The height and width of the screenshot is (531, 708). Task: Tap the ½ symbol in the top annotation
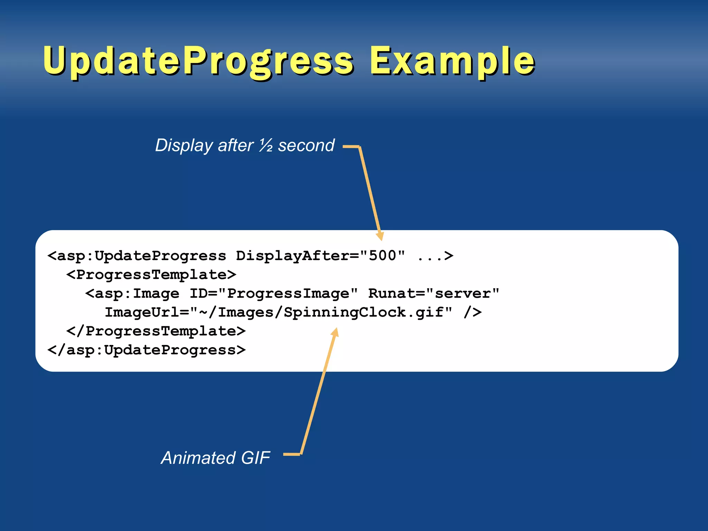click(x=266, y=145)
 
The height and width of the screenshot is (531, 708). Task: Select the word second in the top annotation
click(x=306, y=145)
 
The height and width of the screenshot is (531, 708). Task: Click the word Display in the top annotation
click(x=184, y=145)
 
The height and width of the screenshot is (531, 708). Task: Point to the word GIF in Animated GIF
click(x=255, y=458)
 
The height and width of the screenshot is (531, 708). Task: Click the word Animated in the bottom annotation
click(x=198, y=458)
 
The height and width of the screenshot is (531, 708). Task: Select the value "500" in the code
click(x=382, y=256)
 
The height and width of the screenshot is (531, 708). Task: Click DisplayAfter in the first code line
click(x=292, y=256)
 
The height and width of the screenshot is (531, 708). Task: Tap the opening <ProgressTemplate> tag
click(x=151, y=275)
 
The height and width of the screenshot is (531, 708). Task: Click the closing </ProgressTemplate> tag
click(x=156, y=331)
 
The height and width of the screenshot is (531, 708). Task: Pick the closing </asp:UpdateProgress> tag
click(x=147, y=350)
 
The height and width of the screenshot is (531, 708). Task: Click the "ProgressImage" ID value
click(x=288, y=294)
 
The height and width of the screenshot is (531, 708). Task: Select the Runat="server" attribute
click(x=434, y=294)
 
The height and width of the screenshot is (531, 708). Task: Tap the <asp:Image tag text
click(x=132, y=294)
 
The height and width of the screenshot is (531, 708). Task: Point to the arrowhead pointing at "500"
click(x=380, y=236)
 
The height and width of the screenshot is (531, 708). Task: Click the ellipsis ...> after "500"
click(x=435, y=256)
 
